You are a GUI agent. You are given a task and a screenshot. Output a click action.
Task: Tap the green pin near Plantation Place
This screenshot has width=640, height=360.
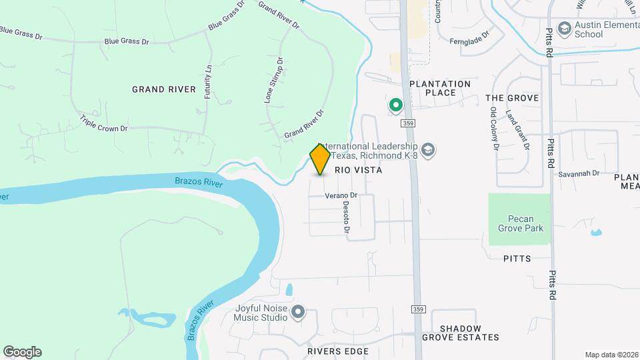click(395, 105)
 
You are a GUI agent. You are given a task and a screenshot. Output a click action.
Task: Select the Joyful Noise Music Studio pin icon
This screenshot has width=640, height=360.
click(298, 312)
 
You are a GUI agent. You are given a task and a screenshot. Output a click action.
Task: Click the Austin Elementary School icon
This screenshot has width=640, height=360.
click(564, 29)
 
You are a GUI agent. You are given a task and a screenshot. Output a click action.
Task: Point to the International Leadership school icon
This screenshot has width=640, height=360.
click(428, 150)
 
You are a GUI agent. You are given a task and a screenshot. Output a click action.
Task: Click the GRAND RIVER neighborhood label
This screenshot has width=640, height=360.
click(164, 89)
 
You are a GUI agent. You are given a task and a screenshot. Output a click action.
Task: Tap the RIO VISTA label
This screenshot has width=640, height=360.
click(358, 170)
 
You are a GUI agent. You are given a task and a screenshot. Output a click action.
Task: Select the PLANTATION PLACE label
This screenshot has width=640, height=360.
click(439, 88)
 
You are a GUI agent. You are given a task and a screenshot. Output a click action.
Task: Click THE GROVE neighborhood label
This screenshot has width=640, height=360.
click(511, 98)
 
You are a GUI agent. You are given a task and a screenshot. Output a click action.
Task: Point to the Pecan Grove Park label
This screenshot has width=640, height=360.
click(520, 223)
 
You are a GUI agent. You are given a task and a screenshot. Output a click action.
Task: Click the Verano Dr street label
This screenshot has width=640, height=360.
click(342, 195)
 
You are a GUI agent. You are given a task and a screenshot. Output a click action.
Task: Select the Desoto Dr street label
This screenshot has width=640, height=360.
click(347, 217)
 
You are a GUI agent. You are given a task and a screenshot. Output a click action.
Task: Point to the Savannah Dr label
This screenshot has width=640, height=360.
click(579, 173)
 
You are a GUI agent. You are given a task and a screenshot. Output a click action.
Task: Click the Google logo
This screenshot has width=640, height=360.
click(22, 351)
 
